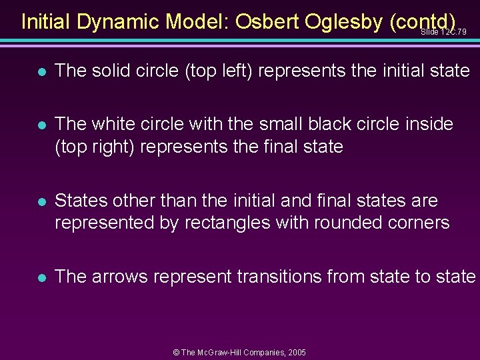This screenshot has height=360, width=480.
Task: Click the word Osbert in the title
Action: [268, 22]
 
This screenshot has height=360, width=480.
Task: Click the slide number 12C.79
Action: [443, 32]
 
